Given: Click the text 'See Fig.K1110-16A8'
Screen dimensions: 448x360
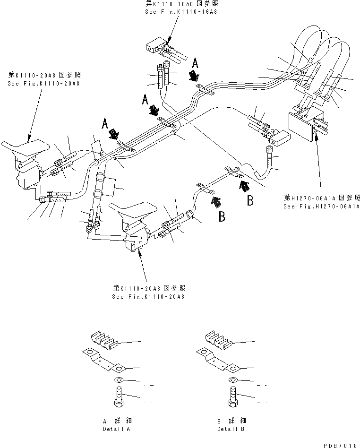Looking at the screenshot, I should pos(181,11).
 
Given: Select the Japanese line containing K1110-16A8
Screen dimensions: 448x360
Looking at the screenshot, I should pos(181,4).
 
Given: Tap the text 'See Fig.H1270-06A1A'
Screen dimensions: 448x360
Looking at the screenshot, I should pos(321,207).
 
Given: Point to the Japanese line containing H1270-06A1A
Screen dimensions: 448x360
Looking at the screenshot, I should pos(321,198).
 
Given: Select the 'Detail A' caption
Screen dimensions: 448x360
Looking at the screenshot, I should pos(116,429).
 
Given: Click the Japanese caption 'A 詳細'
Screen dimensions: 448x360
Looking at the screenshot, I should pos(116,421).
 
